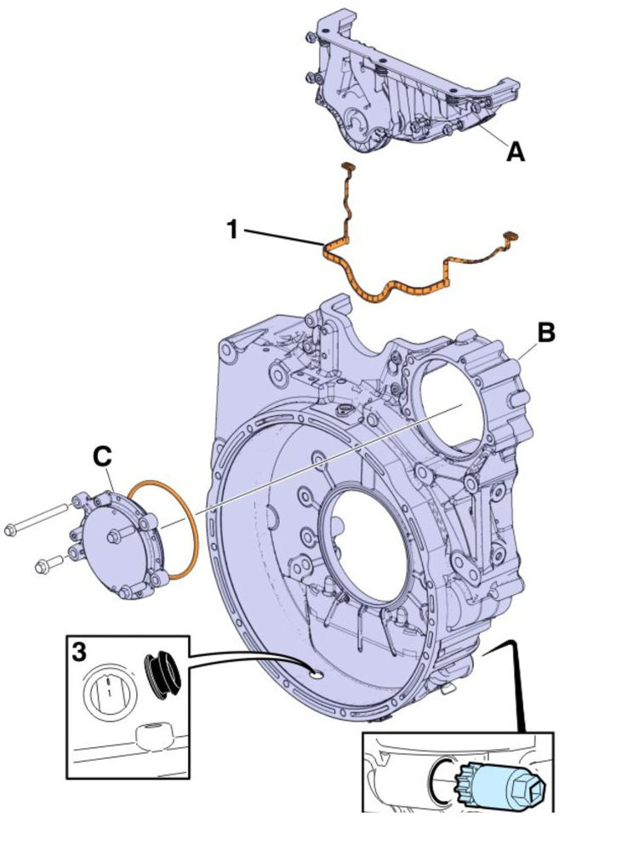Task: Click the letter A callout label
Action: (x=515, y=152)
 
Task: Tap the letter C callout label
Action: (x=102, y=457)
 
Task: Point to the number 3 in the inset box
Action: (x=78, y=653)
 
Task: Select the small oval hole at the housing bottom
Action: (x=316, y=674)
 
